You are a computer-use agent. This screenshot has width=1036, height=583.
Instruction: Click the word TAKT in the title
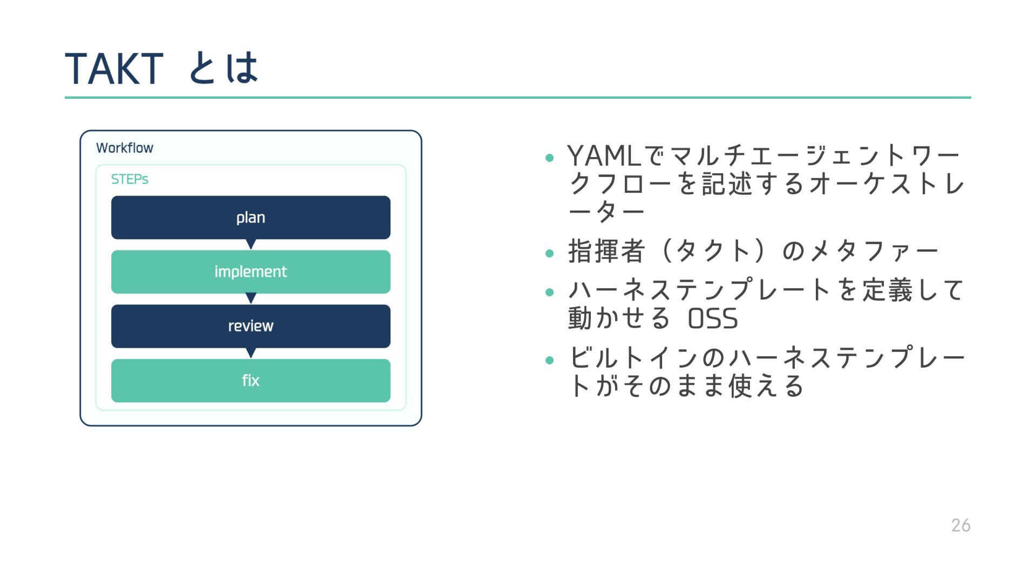[114, 69]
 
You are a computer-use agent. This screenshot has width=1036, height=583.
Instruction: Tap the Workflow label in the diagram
[125, 148]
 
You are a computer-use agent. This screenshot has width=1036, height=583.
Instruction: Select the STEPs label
[129, 179]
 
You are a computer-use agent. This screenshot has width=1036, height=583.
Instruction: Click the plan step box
[250, 218]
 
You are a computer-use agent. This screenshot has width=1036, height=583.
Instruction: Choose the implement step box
[250, 272]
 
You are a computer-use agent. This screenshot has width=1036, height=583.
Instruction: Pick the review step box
[250, 326]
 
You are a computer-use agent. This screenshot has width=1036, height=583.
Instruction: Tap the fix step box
[250, 381]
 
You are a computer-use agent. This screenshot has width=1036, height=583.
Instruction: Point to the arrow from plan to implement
[250, 245]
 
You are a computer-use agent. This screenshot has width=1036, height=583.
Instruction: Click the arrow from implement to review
[250, 299]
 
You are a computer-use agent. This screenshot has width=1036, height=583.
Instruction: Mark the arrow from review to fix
[250, 353]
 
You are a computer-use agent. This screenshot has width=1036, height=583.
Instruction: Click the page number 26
[960, 525]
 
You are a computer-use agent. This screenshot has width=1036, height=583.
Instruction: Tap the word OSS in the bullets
[713, 318]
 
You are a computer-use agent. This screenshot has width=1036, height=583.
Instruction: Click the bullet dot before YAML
[550, 158]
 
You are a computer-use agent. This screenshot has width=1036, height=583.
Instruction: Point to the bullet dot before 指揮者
[550, 253]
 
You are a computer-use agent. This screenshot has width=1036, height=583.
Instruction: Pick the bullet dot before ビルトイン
[550, 360]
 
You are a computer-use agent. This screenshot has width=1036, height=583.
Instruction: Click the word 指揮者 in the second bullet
[606, 251]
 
